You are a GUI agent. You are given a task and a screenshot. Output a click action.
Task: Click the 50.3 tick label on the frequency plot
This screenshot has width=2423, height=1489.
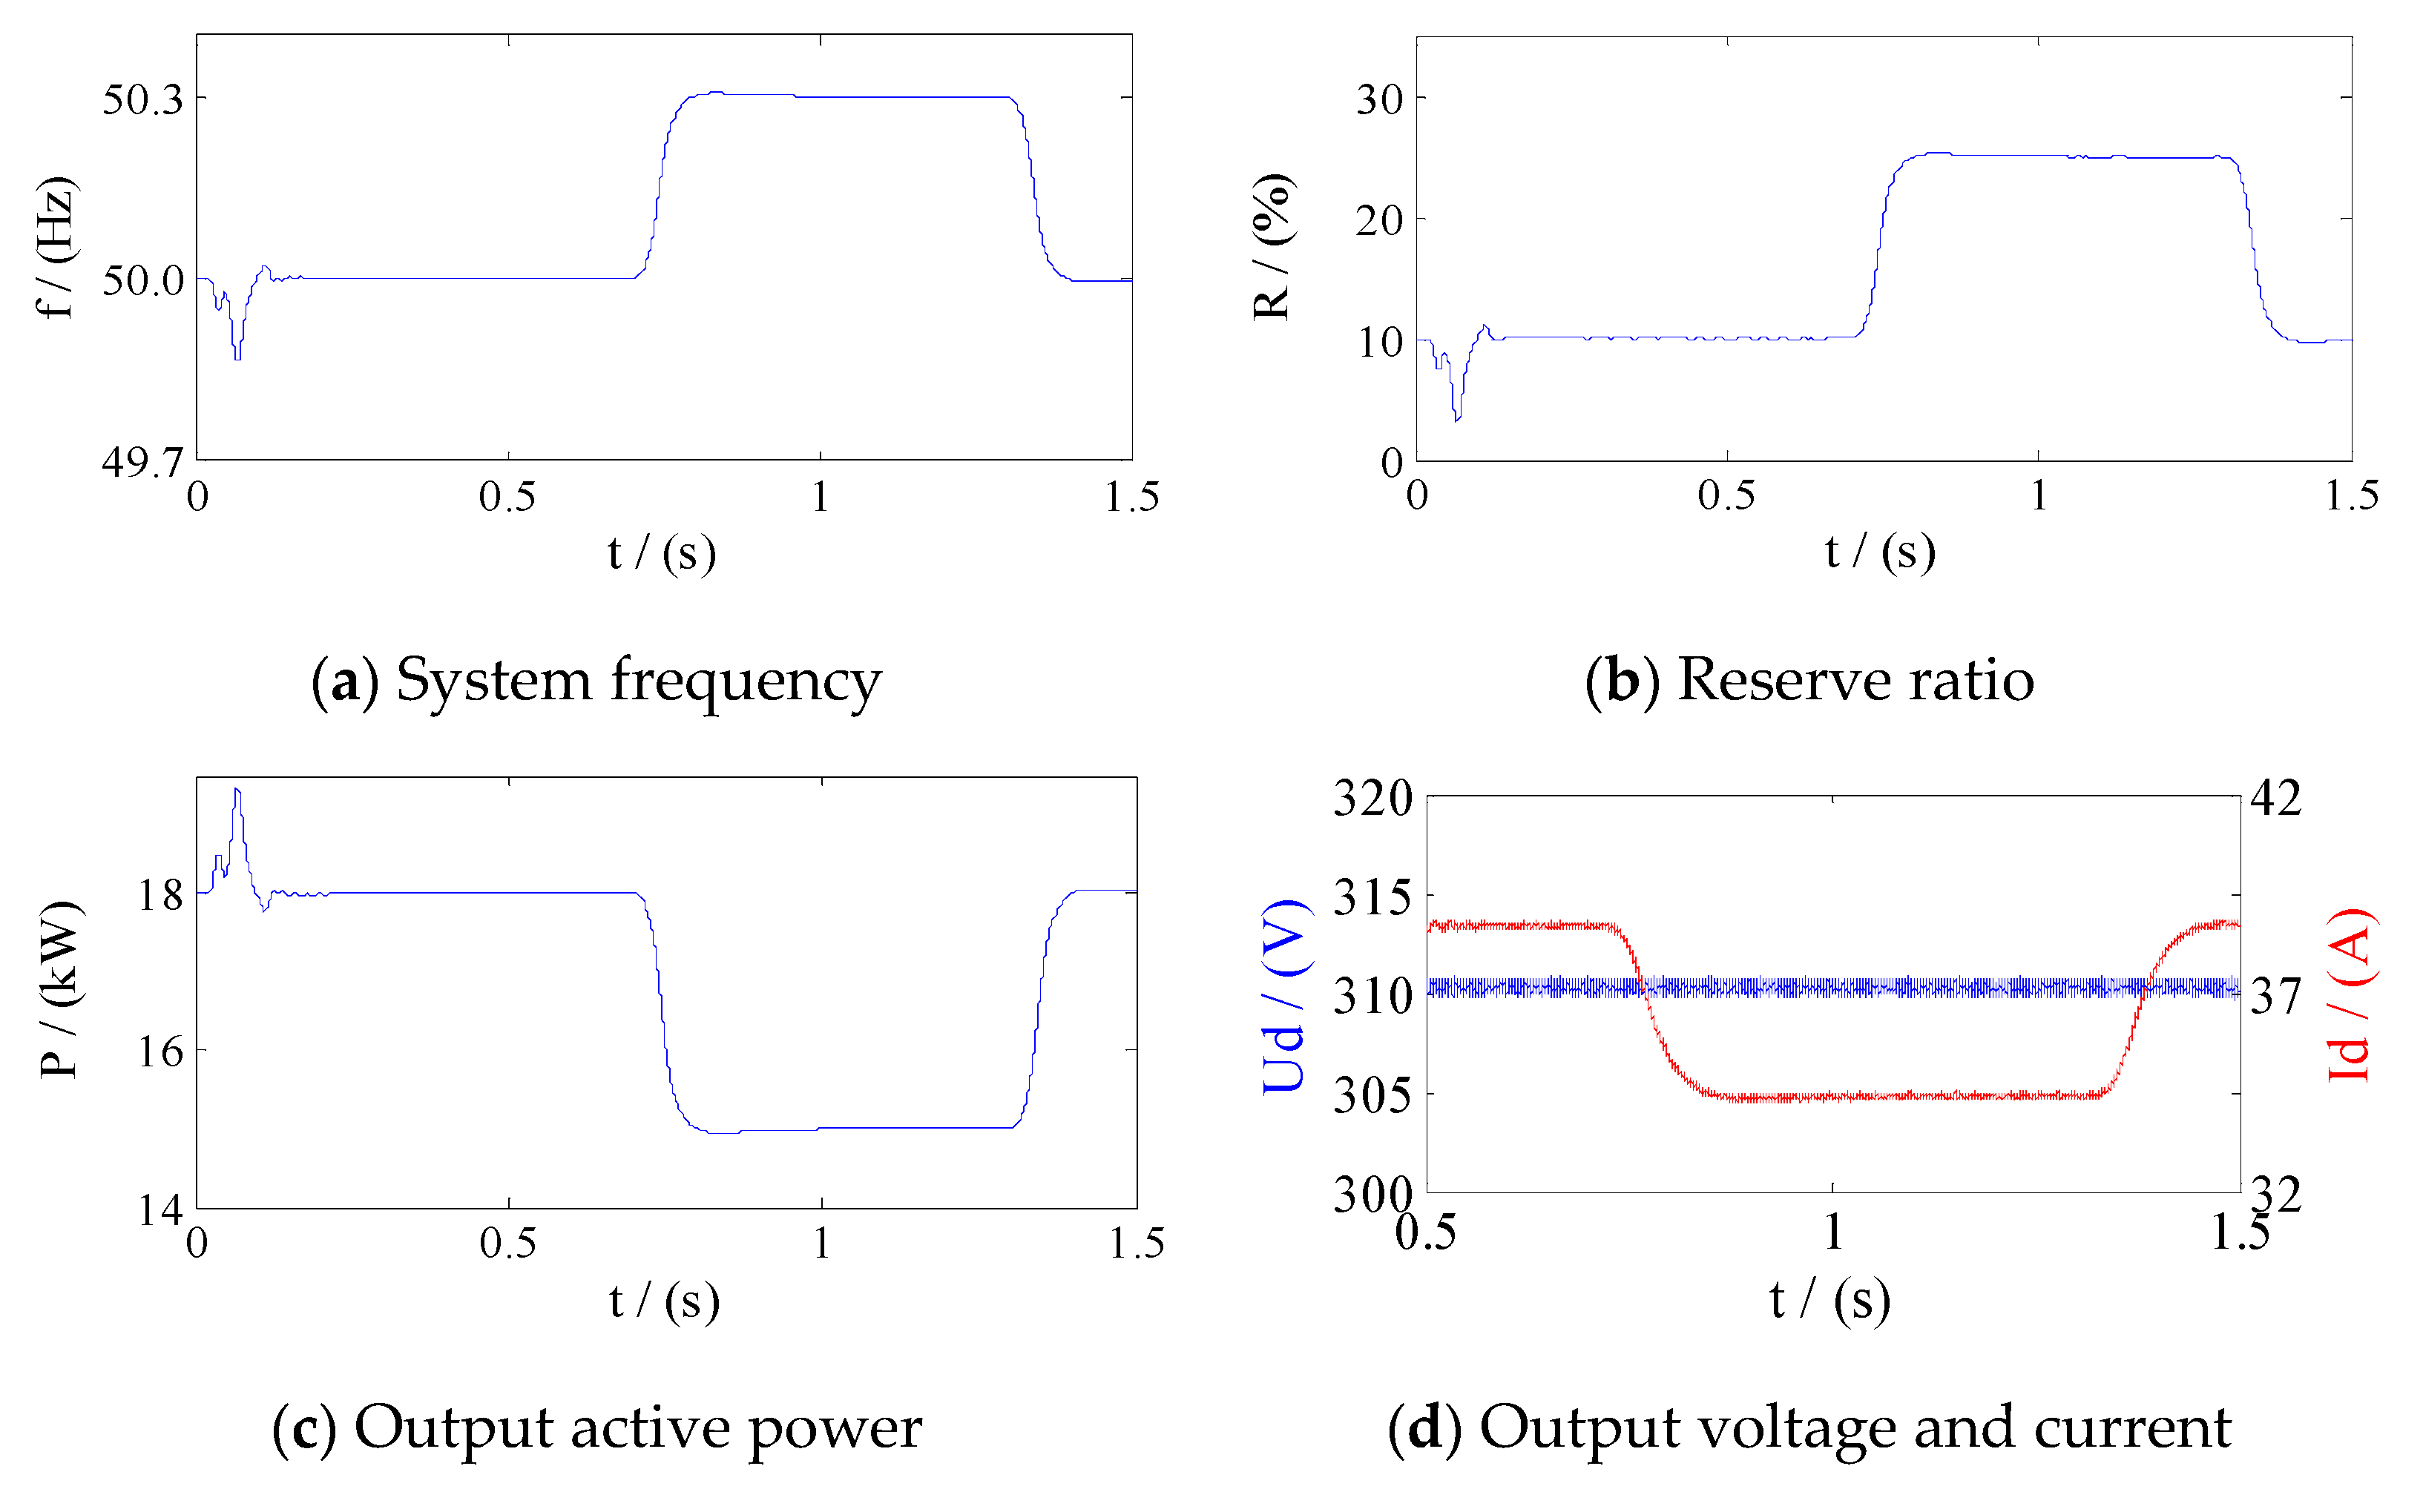click(x=143, y=99)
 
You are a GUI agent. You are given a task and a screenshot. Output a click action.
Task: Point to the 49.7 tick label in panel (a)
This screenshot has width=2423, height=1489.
click(x=143, y=461)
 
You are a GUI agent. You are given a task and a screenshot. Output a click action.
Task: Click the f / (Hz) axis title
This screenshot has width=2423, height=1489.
click(x=56, y=248)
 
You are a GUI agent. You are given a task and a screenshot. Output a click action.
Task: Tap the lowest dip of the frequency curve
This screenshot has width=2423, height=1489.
click(x=237, y=357)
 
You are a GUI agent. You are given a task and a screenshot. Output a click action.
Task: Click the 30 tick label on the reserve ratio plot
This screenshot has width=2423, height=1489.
click(x=1379, y=99)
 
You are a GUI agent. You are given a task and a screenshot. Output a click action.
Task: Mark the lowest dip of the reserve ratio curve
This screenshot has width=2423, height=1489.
click(x=1457, y=418)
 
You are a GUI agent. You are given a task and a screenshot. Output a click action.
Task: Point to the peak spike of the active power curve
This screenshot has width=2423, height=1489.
click(x=237, y=790)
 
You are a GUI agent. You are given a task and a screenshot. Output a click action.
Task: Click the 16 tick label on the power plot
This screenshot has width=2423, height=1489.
click(x=160, y=1051)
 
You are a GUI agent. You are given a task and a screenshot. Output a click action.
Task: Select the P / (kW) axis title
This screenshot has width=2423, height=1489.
click(x=61, y=990)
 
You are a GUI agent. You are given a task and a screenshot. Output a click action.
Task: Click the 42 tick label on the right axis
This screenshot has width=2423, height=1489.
click(x=2275, y=798)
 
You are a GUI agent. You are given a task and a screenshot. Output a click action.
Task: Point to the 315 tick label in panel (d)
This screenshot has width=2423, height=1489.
click(x=1372, y=897)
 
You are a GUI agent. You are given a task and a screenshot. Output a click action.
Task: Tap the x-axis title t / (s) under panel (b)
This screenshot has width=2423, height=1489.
click(x=1879, y=552)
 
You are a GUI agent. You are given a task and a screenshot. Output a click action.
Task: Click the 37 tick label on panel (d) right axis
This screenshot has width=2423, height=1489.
click(x=2275, y=996)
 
